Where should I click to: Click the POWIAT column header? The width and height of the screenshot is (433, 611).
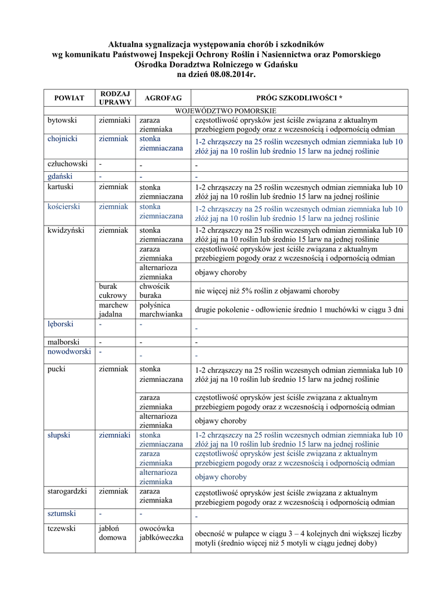pos(69,97)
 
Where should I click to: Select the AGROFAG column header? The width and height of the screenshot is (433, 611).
pos(159,97)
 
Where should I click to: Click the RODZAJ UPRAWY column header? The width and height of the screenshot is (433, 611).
pos(115,97)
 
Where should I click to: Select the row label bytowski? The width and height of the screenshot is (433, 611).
pos(63,120)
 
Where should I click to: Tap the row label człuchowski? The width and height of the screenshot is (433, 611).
pos(67,163)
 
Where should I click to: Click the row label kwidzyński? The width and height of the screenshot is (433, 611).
pos(67,230)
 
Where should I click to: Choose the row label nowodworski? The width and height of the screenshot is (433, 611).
pos(69,351)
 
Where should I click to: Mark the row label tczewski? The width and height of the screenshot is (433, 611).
pos(63,528)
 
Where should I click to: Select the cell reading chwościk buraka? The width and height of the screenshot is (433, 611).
pos(155,291)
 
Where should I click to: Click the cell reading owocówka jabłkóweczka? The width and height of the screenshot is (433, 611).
pos(161,533)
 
